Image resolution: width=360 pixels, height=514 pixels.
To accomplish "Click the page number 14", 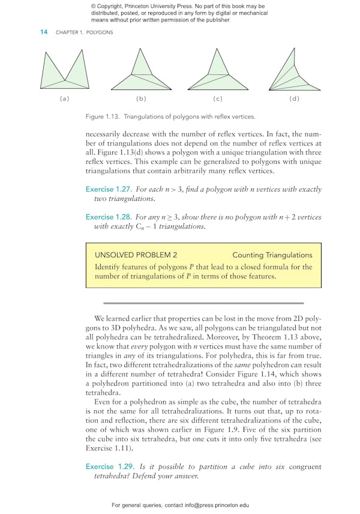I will (44, 32).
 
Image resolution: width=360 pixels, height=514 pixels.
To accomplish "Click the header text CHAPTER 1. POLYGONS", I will (84, 32).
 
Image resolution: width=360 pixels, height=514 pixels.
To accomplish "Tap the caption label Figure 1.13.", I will (104, 117).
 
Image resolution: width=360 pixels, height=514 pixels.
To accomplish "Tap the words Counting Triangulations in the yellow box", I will (272, 255).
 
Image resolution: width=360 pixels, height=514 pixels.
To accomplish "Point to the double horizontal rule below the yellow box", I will (203, 303).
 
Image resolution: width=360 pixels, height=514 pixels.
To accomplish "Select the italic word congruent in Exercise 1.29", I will (303, 467).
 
